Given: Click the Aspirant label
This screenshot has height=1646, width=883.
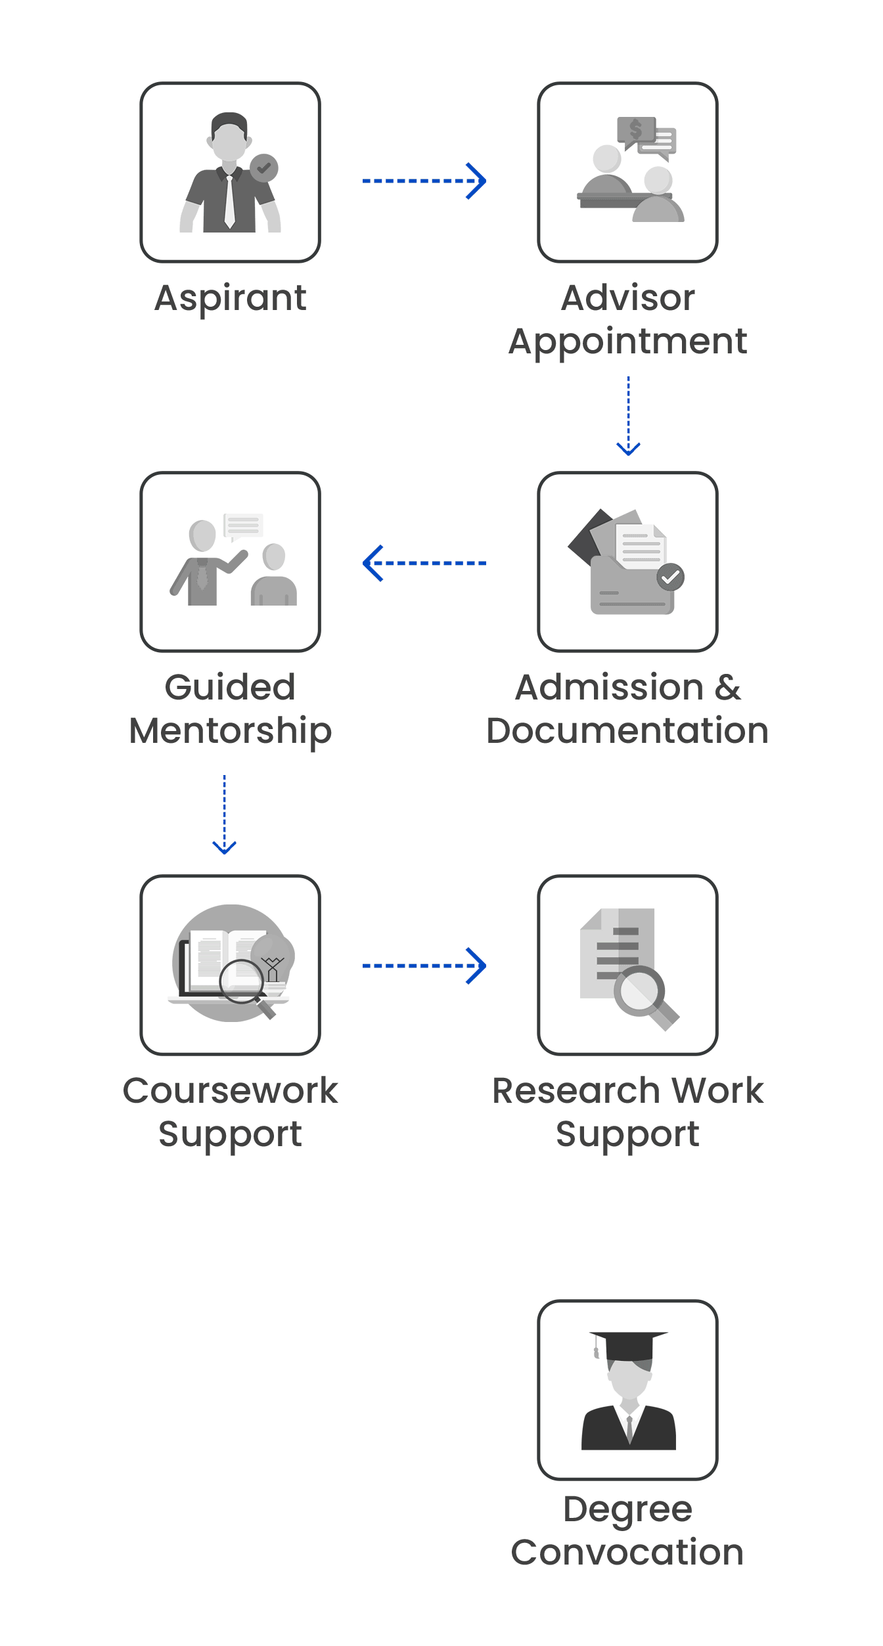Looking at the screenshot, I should pyautogui.click(x=230, y=298).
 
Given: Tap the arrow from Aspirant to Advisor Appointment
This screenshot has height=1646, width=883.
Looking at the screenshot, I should pyautogui.click(x=424, y=181).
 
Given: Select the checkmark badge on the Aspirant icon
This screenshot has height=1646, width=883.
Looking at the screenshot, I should pyautogui.click(x=263, y=168).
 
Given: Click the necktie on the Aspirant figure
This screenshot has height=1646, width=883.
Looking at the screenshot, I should pyautogui.click(x=229, y=200).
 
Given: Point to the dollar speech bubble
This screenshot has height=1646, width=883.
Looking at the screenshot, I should pyautogui.click(x=635, y=130).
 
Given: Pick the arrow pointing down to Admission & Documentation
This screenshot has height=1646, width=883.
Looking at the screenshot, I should pyautogui.click(x=628, y=416).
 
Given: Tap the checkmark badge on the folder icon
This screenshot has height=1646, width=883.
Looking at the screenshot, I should pyautogui.click(x=670, y=577).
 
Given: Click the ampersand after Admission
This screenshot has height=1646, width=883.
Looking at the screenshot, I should pyautogui.click(x=727, y=688).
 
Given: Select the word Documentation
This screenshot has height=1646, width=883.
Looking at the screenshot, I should pyautogui.click(x=627, y=731).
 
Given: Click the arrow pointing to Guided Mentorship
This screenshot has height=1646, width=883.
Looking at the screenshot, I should pyautogui.click(x=424, y=563).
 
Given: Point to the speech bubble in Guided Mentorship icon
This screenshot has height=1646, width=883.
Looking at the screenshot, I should pyautogui.click(x=243, y=525).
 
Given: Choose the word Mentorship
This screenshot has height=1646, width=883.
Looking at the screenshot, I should pyautogui.click(x=230, y=732).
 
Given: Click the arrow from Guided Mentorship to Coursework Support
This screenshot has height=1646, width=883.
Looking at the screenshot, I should pyautogui.click(x=224, y=814).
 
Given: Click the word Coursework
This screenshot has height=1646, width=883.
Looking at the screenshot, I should pyautogui.click(x=230, y=1091).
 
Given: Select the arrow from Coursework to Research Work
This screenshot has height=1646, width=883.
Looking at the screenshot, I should pyautogui.click(x=424, y=966).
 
